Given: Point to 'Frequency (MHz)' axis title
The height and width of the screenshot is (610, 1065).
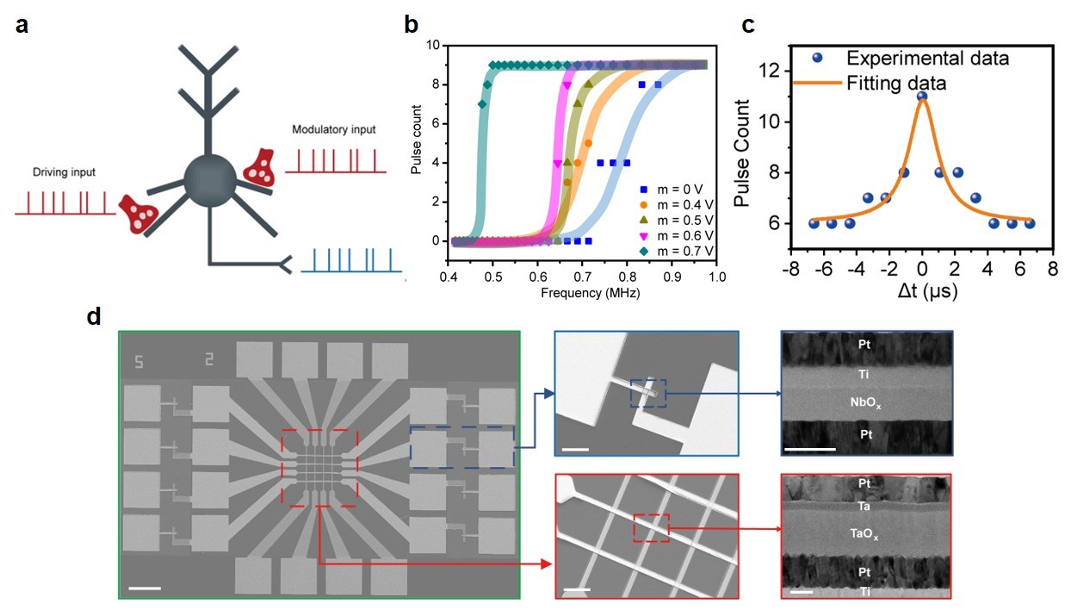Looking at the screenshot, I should click(590, 292).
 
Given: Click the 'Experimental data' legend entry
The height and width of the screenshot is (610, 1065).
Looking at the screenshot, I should click(926, 59).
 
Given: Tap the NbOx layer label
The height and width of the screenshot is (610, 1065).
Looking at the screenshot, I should click(866, 402).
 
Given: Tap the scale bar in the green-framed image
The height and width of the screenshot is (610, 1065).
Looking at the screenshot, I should click(145, 588).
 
